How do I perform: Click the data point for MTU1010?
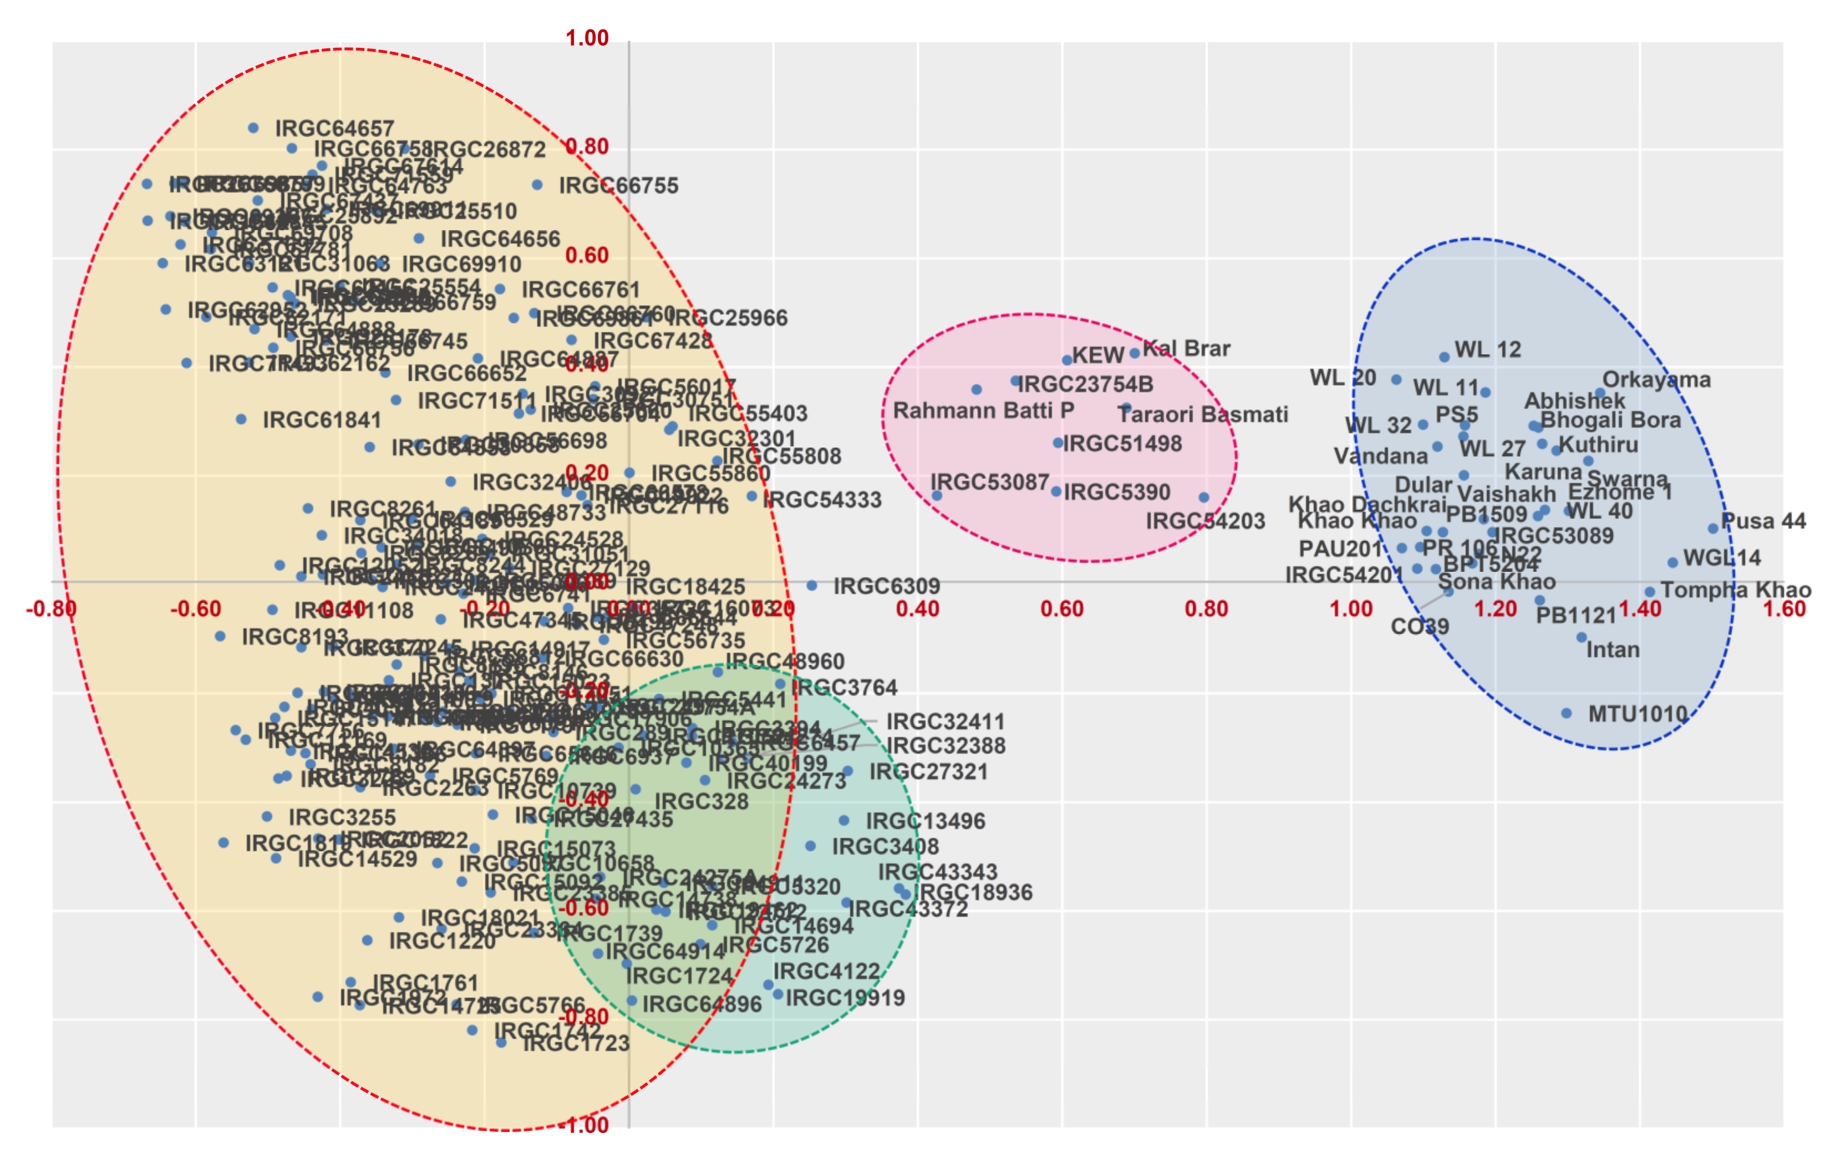[1566, 713]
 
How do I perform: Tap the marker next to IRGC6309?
[812, 585]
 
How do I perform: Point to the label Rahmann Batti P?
[983, 411]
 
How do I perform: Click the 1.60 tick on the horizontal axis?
[1784, 609]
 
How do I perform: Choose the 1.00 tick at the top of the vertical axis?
[587, 38]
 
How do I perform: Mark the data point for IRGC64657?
[254, 128]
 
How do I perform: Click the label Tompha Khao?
[1736, 590]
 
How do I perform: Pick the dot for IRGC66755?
[537, 185]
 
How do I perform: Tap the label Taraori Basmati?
[1202, 415]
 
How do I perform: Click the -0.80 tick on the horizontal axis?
[51, 609]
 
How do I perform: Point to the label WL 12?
[1487, 350]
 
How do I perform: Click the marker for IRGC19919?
[778, 994]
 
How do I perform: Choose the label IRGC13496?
[925, 821]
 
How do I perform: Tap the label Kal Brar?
[1187, 349]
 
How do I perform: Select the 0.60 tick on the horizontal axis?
[1061, 609]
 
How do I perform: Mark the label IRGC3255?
[342, 817]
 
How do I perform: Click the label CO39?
[1420, 627]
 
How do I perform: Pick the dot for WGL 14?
[1673, 562]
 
